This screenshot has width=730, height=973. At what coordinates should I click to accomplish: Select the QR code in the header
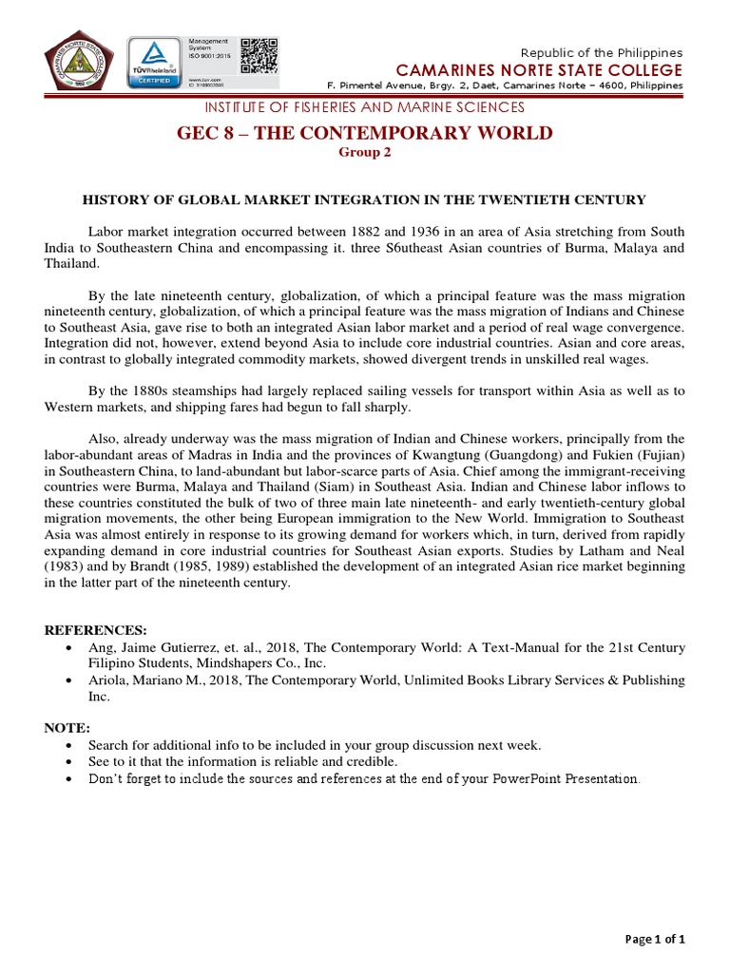tap(259, 56)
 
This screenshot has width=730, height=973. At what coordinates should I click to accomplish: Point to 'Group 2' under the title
tap(364, 151)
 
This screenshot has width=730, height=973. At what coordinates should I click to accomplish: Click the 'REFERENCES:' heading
tap(96, 629)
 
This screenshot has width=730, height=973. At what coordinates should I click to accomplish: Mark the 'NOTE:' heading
tap(67, 727)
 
